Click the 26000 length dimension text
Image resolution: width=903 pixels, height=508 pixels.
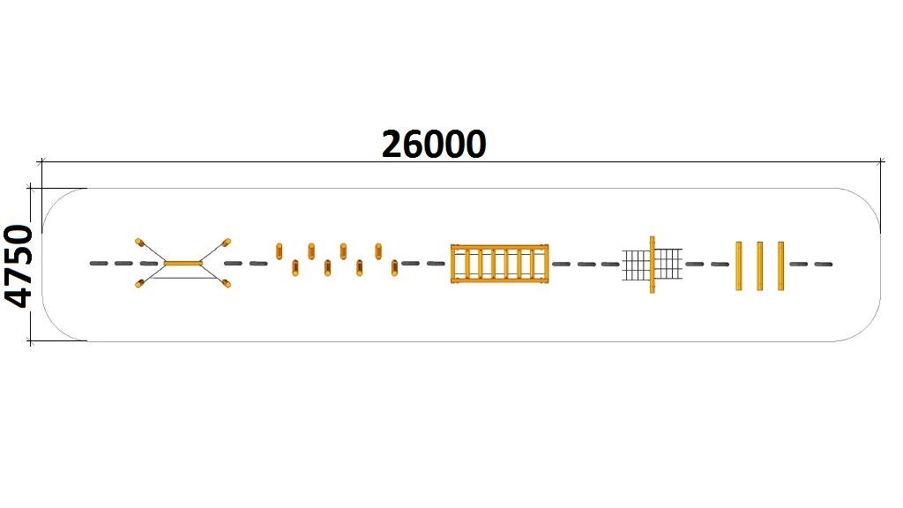tap(434, 144)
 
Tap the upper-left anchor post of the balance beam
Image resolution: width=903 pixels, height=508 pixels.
tap(139, 241)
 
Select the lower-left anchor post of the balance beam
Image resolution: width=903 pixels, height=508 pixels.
tap(139, 283)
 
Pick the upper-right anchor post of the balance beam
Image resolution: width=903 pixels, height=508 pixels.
tap(226, 241)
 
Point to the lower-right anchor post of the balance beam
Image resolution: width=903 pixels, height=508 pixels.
tap(227, 283)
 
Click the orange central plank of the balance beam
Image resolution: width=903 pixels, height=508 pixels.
tap(183, 263)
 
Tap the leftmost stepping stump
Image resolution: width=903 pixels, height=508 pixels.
tap(280, 250)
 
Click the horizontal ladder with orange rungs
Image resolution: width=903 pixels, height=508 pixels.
tap(499, 264)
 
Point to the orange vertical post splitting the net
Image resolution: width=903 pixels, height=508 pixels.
tap(653, 264)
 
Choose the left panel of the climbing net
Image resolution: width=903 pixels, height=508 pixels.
tap(636, 264)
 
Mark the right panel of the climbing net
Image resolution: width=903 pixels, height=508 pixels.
tap(668, 264)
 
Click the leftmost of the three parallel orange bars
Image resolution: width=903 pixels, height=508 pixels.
tap(739, 265)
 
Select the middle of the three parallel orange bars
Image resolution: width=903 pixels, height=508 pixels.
tap(759, 265)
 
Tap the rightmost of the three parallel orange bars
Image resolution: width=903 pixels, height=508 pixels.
tap(780, 265)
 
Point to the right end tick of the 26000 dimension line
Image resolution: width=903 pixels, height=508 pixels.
tap(882, 161)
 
